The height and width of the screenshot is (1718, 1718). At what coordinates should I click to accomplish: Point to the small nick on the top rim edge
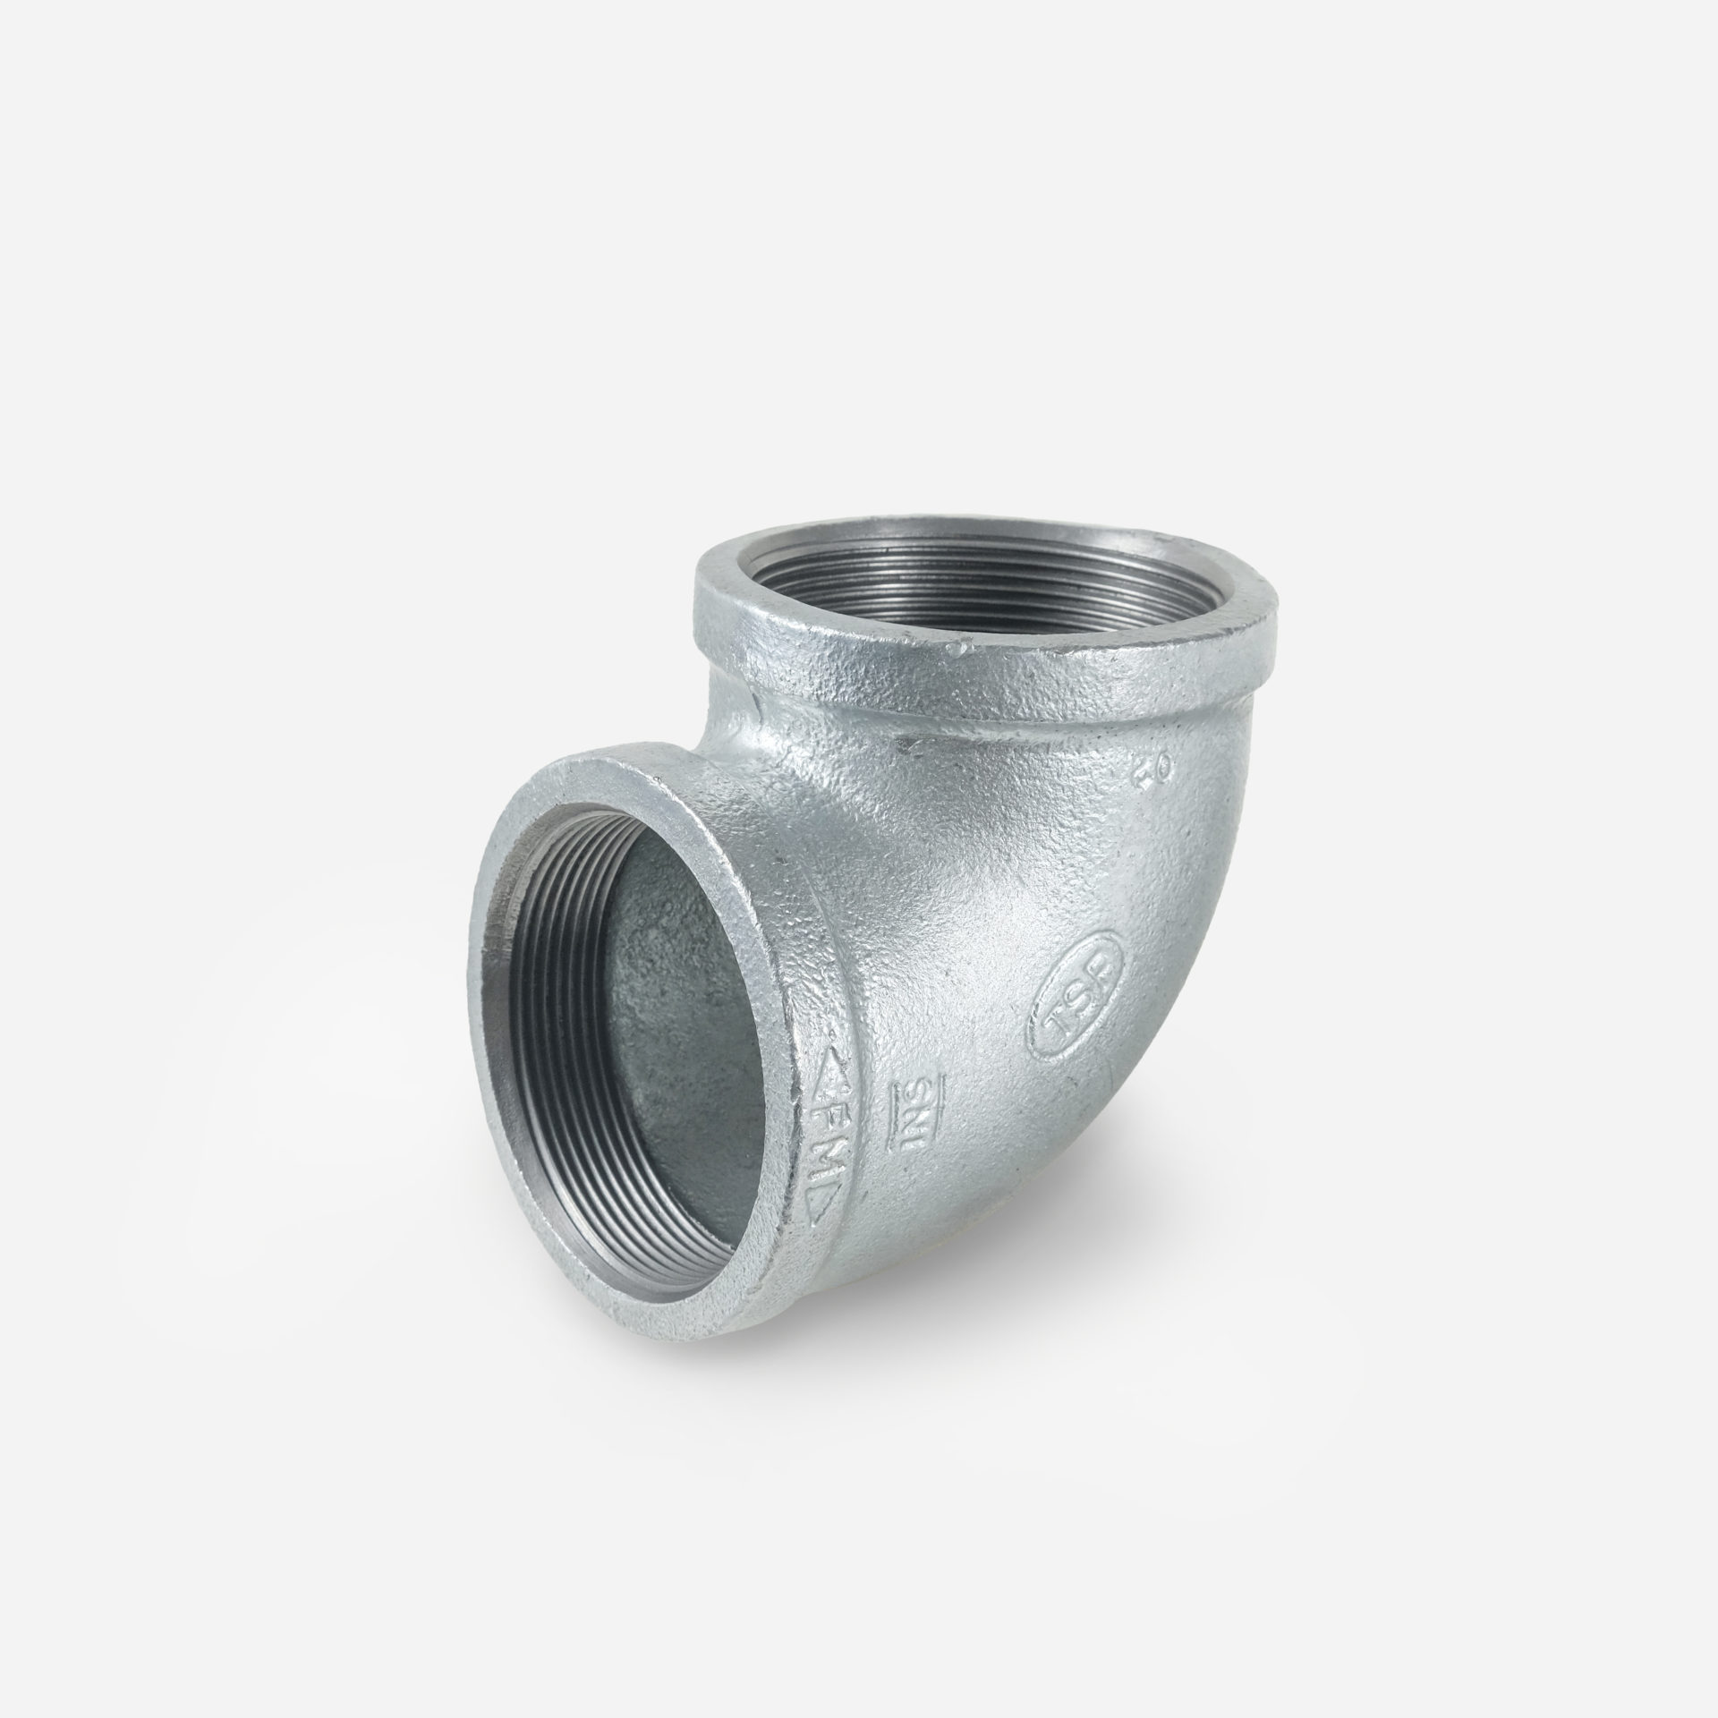click(965, 646)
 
